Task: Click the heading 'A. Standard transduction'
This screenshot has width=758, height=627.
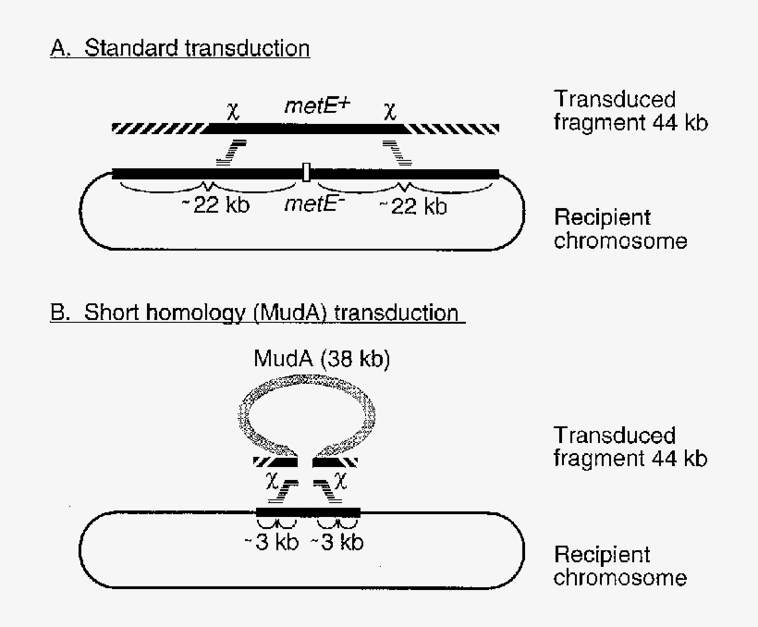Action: [x=180, y=48]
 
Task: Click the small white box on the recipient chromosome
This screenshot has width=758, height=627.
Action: [x=306, y=171]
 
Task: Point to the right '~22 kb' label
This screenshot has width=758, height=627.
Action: [x=413, y=205]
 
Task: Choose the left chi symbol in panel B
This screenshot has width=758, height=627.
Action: [x=272, y=482]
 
